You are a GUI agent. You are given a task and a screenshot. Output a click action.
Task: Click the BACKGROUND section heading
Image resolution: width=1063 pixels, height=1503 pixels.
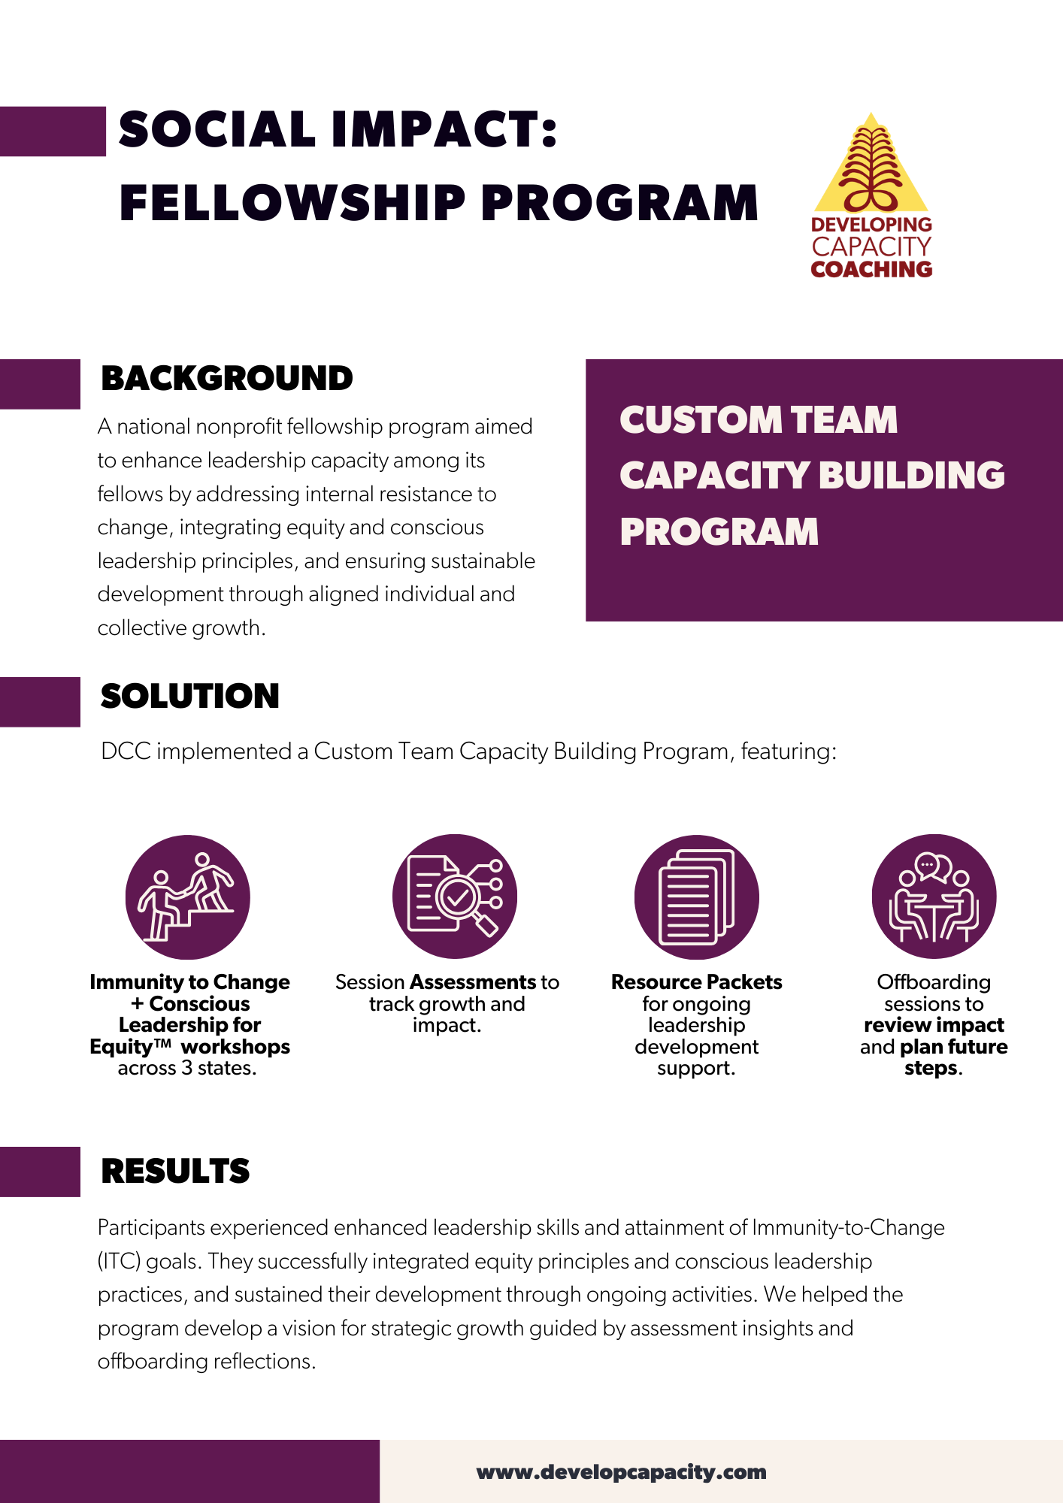[226, 378]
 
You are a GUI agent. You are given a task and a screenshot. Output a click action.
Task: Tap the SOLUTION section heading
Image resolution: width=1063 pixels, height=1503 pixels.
[189, 696]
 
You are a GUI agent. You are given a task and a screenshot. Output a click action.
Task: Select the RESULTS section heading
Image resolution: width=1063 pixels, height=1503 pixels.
[175, 1171]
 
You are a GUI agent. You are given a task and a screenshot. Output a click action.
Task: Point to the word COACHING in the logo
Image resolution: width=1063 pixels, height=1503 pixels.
[871, 269]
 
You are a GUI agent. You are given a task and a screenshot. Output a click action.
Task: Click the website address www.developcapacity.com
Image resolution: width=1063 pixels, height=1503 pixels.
[621, 1471]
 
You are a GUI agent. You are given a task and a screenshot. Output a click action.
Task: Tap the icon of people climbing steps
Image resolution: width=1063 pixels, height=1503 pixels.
[188, 897]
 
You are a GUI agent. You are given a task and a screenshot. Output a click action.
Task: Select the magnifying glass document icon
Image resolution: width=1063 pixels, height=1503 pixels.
[455, 897]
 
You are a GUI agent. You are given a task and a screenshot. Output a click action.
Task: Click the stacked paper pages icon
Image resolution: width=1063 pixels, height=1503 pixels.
[697, 897]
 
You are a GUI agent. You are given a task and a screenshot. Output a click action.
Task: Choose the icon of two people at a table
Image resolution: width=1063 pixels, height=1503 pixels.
[934, 897]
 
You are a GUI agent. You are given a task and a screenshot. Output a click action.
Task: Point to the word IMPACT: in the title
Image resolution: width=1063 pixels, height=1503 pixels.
[444, 129]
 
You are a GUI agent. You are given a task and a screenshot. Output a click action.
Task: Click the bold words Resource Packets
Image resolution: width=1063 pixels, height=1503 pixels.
[697, 981]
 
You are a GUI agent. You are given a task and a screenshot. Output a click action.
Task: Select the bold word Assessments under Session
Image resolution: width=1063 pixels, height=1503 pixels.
[472, 981]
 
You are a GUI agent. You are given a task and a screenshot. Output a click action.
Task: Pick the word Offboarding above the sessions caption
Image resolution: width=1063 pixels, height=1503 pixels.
[934, 981]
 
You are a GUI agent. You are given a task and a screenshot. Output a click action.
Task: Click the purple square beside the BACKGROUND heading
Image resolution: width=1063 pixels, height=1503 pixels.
[40, 384]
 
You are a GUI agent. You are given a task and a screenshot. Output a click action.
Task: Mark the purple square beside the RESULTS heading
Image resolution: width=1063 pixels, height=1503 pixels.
[40, 1172]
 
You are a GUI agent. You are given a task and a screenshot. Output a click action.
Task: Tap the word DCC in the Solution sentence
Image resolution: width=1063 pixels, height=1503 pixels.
[126, 751]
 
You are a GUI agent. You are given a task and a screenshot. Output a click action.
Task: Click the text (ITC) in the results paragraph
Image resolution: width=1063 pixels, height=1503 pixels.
[119, 1261]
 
